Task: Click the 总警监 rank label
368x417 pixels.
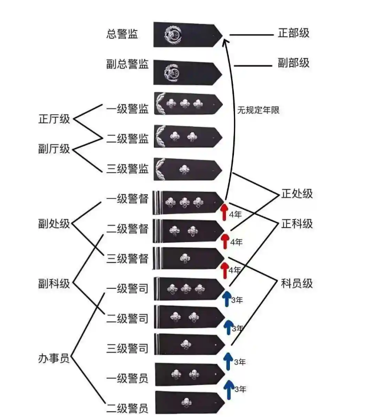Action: pos(122,34)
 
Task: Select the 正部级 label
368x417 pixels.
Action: pos(293,33)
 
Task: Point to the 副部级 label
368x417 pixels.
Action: pos(293,63)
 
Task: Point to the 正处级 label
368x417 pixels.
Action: pos(297,194)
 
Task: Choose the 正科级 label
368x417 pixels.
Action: pos(297,224)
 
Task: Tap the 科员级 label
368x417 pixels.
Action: pos(297,283)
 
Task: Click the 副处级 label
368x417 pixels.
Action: pos(54,223)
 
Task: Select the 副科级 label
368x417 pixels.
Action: pos(54,283)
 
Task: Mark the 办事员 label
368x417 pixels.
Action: pos(54,359)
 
